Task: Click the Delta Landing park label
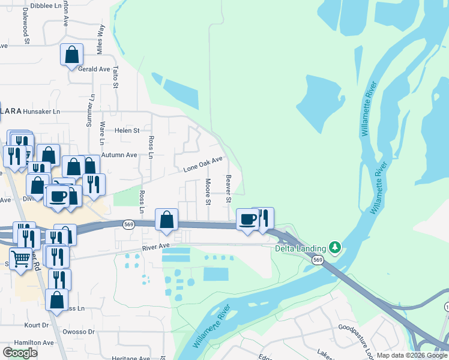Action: pos(300,248)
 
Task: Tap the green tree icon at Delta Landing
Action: pos(335,247)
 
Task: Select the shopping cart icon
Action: pos(21,260)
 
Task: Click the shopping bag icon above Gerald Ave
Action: pos(71,55)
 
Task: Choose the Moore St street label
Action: pos(208,191)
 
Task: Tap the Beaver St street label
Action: pos(228,185)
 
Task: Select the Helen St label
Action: pos(127,130)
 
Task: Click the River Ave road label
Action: pos(156,246)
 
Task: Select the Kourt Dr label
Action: pos(37,325)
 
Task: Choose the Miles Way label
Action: pos(101,40)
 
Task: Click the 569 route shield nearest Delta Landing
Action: pos(318,260)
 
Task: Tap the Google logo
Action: pos(20,353)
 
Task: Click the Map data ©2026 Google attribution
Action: pos(411,355)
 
